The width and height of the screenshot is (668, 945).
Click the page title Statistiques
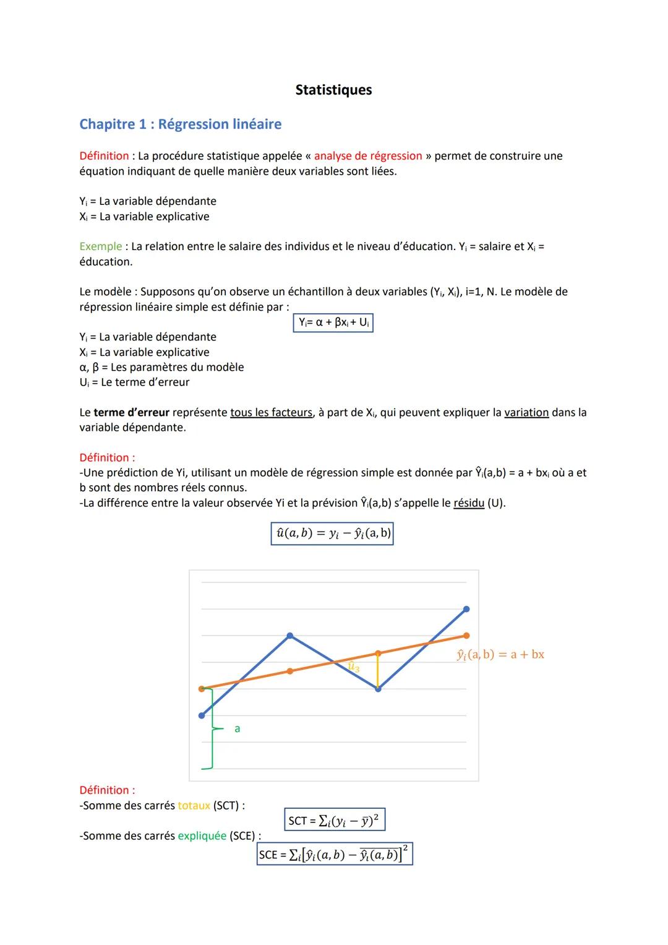click(x=333, y=90)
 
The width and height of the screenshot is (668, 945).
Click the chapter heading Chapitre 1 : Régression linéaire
click(x=180, y=124)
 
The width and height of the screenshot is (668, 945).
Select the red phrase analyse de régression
click(x=367, y=156)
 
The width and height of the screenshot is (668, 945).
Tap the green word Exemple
click(x=100, y=246)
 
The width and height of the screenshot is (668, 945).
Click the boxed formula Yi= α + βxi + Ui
click(x=333, y=322)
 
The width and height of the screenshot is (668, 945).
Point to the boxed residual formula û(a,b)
click(x=332, y=533)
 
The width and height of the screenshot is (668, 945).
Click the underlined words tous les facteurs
click(x=271, y=413)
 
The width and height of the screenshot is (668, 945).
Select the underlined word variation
click(x=526, y=413)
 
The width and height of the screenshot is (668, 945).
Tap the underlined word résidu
click(x=468, y=503)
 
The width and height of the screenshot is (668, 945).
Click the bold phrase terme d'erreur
click(x=131, y=413)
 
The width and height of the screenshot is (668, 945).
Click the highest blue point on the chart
click(x=466, y=609)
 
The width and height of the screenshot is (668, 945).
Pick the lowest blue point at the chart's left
click(x=201, y=715)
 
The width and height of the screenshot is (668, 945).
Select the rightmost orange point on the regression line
click(x=466, y=636)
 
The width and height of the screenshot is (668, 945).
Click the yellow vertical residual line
click(x=378, y=670)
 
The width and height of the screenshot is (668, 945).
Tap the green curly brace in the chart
click(x=210, y=728)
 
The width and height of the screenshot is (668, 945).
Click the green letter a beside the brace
click(x=237, y=729)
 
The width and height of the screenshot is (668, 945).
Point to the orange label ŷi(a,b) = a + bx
click(x=500, y=655)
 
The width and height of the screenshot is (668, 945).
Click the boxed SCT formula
click(x=335, y=821)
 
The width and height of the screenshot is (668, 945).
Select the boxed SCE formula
click(x=335, y=855)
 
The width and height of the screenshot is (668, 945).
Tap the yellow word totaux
click(x=194, y=806)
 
